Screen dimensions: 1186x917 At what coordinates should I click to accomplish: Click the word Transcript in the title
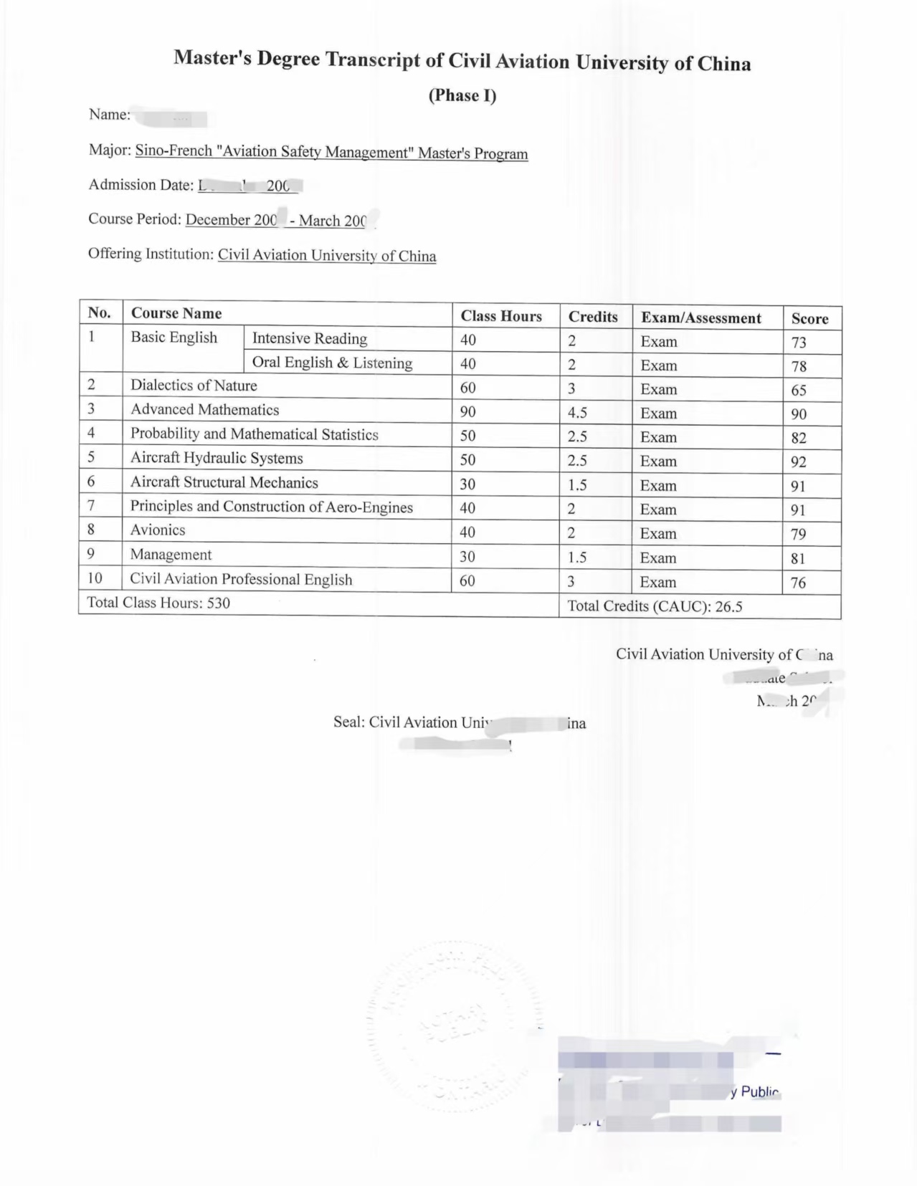pos(373,59)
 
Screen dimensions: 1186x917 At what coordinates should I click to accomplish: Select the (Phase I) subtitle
pos(462,95)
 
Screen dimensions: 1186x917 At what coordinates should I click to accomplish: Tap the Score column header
pos(809,319)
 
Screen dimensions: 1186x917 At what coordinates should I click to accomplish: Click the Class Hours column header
pos(501,316)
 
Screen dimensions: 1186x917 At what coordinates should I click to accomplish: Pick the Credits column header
pos(593,317)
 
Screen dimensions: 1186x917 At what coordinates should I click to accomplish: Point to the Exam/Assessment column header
pos(700,318)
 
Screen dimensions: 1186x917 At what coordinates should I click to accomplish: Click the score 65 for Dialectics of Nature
pos(799,391)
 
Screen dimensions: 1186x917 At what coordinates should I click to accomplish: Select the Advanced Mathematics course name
pos(204,410)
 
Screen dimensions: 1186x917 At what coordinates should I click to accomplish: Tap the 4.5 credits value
pos(578,413)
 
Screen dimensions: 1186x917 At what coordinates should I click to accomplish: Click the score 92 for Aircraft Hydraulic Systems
pos(799,462)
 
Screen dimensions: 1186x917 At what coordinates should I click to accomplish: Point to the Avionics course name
pos(158,530)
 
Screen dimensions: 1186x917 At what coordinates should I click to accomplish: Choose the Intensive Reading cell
pos(309,339)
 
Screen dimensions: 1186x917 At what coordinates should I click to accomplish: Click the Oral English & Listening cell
pos(332,363)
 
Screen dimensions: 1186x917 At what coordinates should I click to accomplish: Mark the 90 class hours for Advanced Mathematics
pos(467,412)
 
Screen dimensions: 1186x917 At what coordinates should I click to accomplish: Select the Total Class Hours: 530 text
pos(158,603)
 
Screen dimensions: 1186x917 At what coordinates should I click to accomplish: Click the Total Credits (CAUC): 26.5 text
pos(655,606)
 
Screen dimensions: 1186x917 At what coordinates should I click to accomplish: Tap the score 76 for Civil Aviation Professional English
pos(798,583)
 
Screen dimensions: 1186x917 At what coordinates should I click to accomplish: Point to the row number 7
pos(92,505)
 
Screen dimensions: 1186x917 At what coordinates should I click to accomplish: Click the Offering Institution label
pos(151,254)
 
